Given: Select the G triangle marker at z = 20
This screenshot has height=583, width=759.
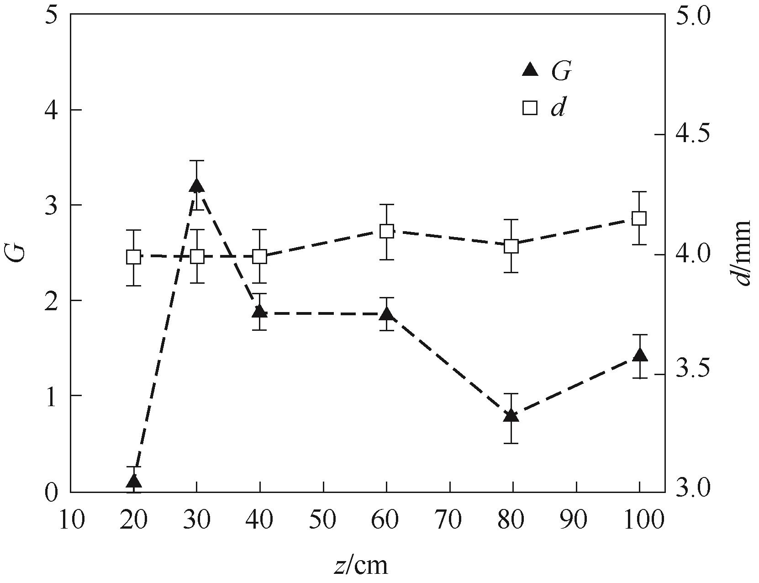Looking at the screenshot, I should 133,481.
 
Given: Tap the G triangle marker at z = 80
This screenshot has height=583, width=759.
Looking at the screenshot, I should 511,415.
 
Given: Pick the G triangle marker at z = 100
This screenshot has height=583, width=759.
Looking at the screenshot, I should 639,355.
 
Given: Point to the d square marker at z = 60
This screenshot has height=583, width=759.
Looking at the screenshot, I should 387,231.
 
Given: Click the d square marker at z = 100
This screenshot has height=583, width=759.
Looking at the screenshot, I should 639,218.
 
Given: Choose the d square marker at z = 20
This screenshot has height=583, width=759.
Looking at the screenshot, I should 133,257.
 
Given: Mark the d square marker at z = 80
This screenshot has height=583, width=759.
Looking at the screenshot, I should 511,246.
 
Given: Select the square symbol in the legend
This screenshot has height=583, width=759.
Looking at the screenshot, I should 530,108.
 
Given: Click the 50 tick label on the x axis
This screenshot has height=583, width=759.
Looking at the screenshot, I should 323,520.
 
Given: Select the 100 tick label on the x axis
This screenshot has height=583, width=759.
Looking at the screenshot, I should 639,520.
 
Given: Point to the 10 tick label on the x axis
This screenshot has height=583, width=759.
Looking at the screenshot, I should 71,520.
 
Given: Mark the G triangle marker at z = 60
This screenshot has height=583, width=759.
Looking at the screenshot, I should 387,314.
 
